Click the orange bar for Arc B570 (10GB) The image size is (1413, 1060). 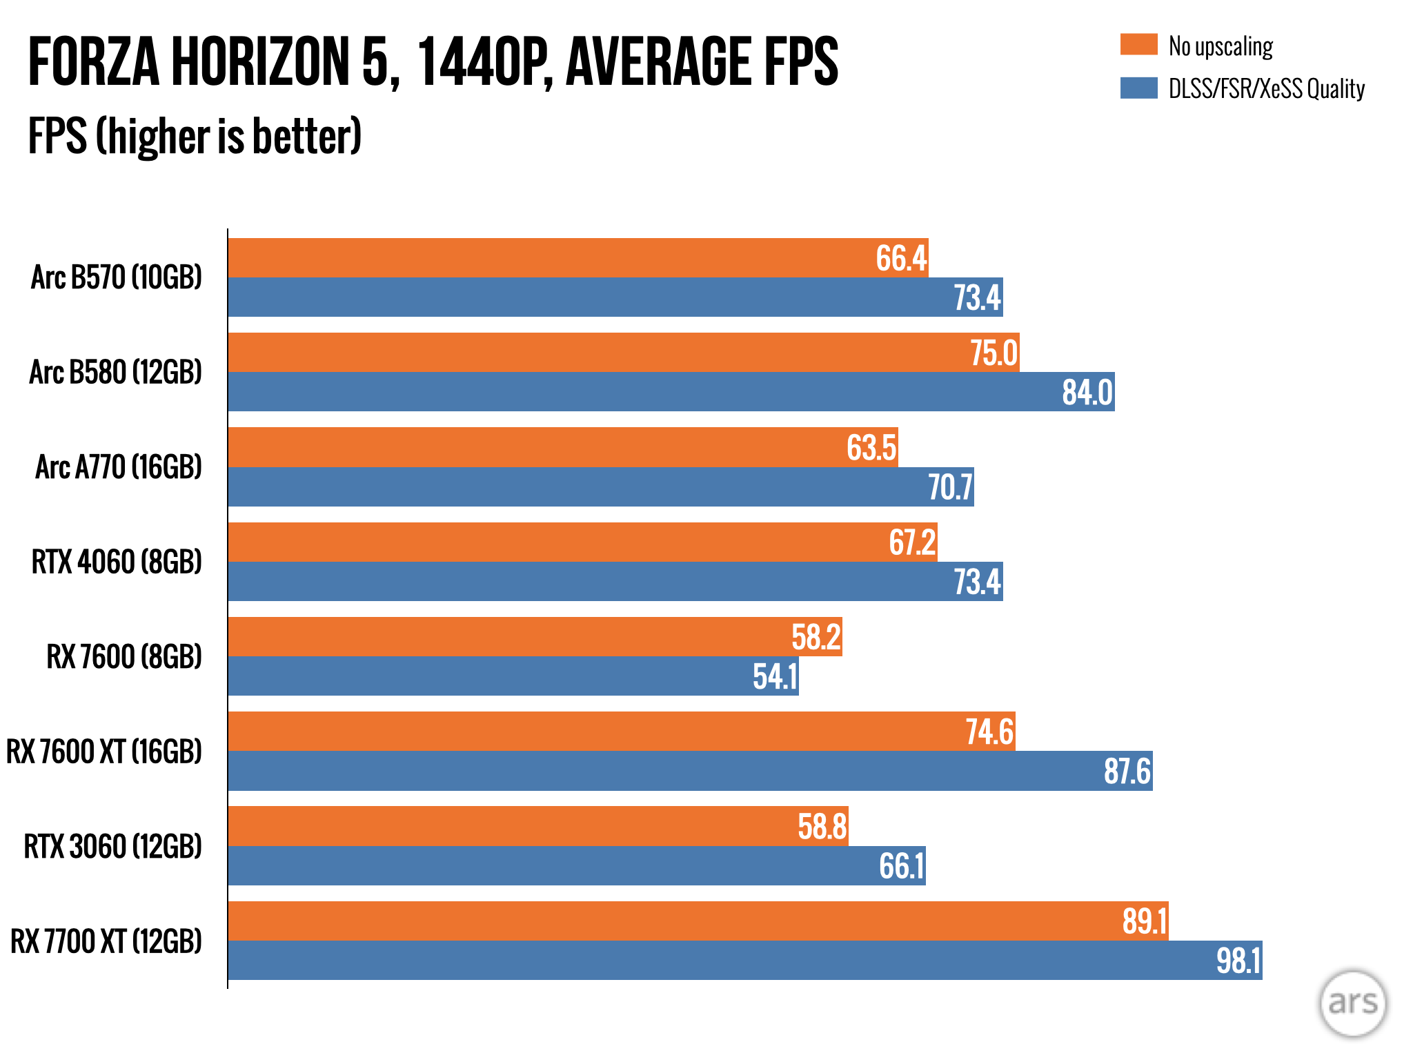tap(552, 258)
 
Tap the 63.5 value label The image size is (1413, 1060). tap(871, 447)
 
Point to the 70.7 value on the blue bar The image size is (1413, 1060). tap(950, 487)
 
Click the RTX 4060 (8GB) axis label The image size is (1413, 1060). tap(117, 562)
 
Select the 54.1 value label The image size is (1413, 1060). tap(775, 676)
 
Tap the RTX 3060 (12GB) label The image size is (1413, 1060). tap(113, 847)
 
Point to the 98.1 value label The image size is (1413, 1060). tap(1238, 961)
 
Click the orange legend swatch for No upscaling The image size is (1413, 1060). tap(1138, 44)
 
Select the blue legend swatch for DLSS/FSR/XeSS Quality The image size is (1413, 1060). tap(1138, 88)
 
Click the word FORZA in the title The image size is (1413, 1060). tap(94, 62)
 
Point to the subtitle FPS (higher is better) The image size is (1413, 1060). tap(195, 136)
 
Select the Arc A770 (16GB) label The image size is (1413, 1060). tap(119, 467)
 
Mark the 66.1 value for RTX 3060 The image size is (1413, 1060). tap(901, 866)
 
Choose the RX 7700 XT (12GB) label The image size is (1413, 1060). tap(106, 941)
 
